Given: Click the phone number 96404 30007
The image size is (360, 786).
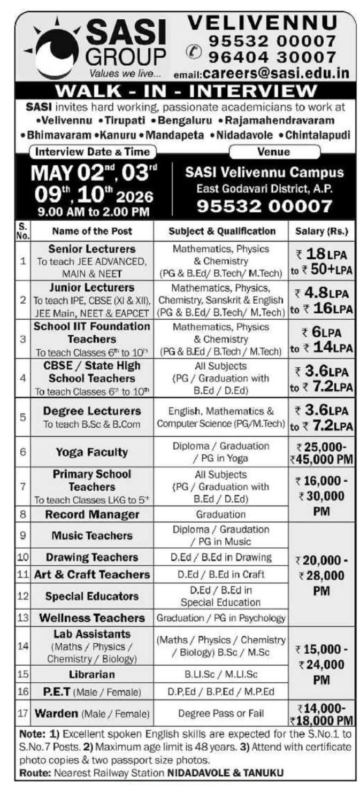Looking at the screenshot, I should tap(272, 56).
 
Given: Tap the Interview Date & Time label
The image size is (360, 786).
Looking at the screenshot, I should tap(93, 152).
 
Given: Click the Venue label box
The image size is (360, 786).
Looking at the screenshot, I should tap(274, 152).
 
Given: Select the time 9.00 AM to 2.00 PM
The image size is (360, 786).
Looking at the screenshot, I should tap(93, 211).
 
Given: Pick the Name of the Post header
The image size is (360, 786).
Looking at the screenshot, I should tap(91, 232).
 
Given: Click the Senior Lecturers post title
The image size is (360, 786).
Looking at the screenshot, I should tap(92, 249).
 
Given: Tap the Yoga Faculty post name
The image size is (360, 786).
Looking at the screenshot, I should tap(92, 452).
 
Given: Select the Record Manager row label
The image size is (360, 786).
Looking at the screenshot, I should tap(92, 514).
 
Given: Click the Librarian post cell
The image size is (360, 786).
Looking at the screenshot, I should tap(92, 674).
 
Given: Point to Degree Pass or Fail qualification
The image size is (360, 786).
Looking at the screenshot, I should tap(221, 713).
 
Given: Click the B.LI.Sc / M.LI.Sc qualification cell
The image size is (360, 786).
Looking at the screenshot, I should tap(221, 674).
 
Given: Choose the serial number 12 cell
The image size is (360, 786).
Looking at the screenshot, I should tap(23, 596).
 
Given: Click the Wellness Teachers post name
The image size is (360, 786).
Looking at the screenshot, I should tap(92, 618).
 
